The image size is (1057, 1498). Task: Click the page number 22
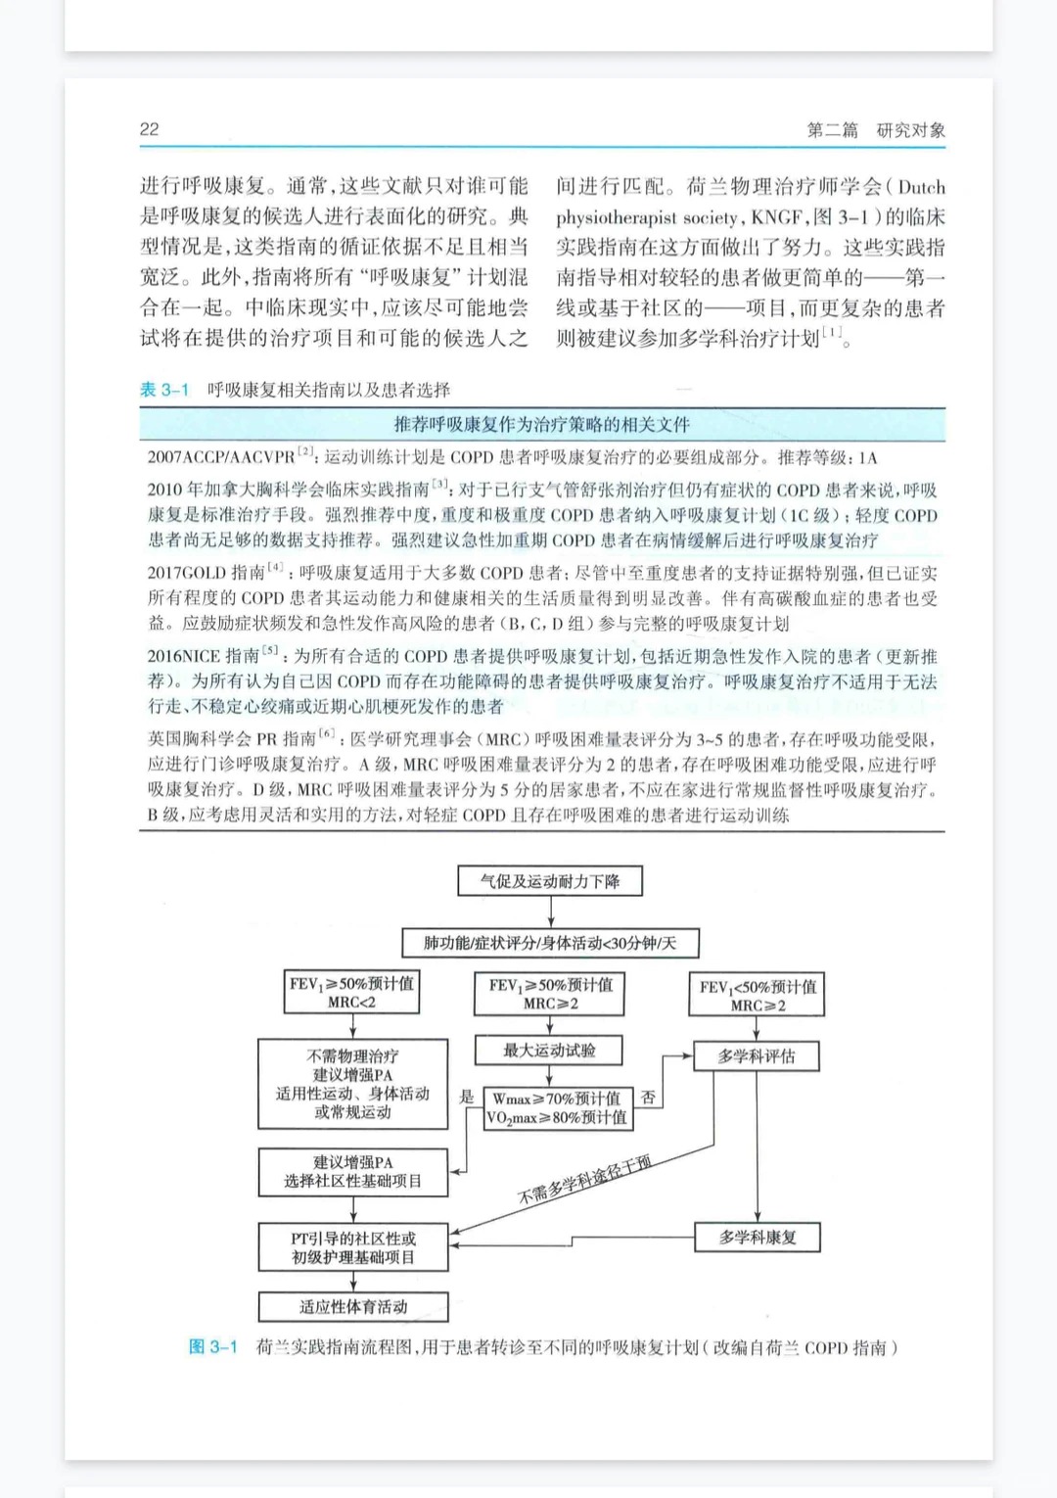(149, 129)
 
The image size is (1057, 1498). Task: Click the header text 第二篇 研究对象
(875, 130)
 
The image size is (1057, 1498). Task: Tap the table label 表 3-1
(163, 390)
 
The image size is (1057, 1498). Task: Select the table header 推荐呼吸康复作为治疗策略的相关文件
(541, 424)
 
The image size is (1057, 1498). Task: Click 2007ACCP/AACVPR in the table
(220, 457)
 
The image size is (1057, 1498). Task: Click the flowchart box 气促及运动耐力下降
(549, 881)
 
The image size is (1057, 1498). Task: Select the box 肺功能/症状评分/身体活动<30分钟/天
(549, 943)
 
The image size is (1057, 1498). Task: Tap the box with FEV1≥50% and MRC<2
(351, 993)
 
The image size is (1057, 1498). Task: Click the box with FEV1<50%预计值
(758, 996)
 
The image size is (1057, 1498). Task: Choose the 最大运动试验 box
(549, 1051)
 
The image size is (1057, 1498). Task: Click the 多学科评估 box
(757, 1056)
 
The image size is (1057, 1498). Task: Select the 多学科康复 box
(758, 1237)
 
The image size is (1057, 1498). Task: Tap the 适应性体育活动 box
(352, 1306)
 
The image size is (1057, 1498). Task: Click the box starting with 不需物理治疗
(352, 1084)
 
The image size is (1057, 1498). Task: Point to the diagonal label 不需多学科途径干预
(584, 1180)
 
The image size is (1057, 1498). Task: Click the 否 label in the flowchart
(648, 1098)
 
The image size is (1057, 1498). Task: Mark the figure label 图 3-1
(212, 1347)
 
